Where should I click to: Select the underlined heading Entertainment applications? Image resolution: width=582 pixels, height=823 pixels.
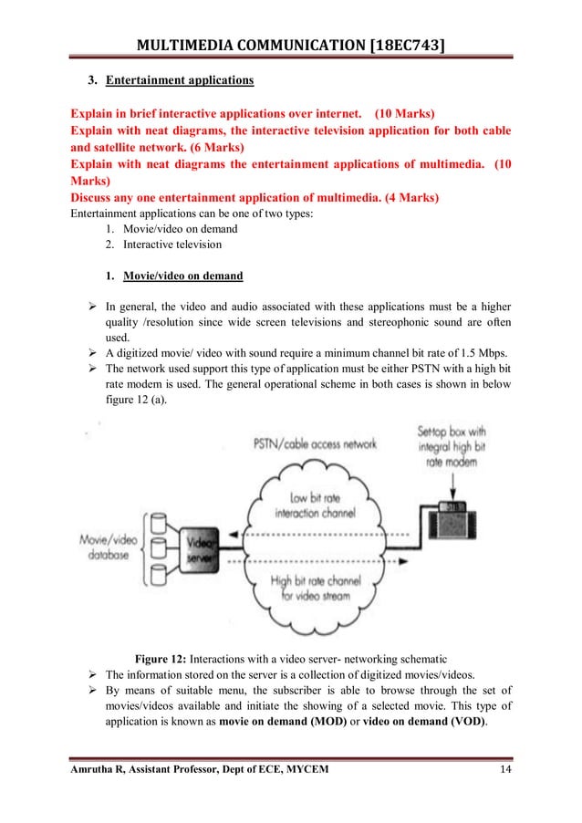pyautogui.click(x=180, y=80)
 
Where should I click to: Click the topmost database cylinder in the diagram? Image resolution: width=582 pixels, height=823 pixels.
pyautogui.click(x=161, y=523)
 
